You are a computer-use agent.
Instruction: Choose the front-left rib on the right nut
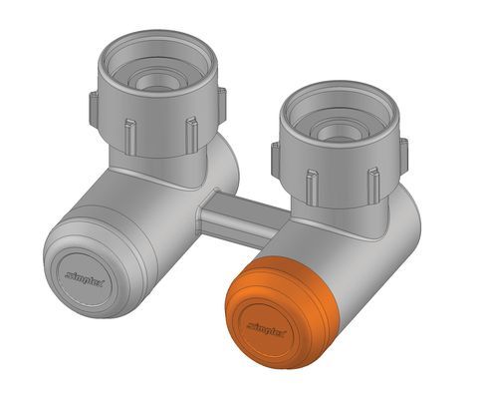coord(312,183)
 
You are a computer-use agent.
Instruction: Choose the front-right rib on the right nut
coord(372,183)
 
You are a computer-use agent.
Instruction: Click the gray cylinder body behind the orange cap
coord(329,254)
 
